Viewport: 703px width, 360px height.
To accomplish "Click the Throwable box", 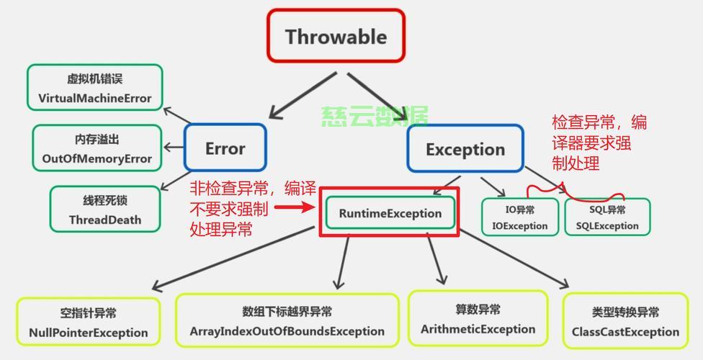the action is click(336, 35).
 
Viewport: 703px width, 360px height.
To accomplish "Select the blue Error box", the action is click(225, 148).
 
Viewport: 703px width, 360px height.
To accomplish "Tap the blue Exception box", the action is click(465, 148).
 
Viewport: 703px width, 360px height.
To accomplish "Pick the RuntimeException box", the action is click(390, 212).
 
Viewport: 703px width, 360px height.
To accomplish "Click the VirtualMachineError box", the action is click(94, 87).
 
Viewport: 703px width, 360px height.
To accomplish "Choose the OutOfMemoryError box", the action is click(97, 148).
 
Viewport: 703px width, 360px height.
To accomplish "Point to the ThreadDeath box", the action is click(105, 209).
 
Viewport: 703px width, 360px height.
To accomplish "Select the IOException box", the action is click(520, 217).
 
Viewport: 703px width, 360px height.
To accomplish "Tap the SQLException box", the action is click(607, 217).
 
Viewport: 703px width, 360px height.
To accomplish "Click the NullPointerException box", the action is click(89, 321).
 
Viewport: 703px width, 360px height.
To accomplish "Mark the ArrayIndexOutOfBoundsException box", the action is click(287, 320).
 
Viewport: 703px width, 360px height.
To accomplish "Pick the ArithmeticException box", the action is click(478, 318).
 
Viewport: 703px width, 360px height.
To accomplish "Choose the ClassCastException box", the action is click(625, 321).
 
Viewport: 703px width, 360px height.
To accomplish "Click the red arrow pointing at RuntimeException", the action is click(295, 207).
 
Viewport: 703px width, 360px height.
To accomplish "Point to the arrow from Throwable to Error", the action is click(303, 96).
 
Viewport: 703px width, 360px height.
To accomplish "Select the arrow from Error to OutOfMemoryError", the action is click(174, 147).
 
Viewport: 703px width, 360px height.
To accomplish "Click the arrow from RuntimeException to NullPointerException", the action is click(233, 258).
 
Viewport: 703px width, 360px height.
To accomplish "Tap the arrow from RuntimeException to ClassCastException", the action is click(514, 258).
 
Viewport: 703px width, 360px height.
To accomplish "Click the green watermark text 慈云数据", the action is click(375, 117).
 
